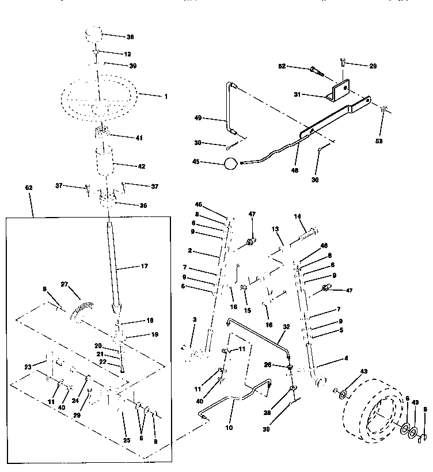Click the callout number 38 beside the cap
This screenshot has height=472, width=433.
(130, 37)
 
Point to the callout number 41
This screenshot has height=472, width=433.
(139, 138)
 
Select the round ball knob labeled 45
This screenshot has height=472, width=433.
(230, 163)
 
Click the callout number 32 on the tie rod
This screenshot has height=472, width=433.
(286, 326)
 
